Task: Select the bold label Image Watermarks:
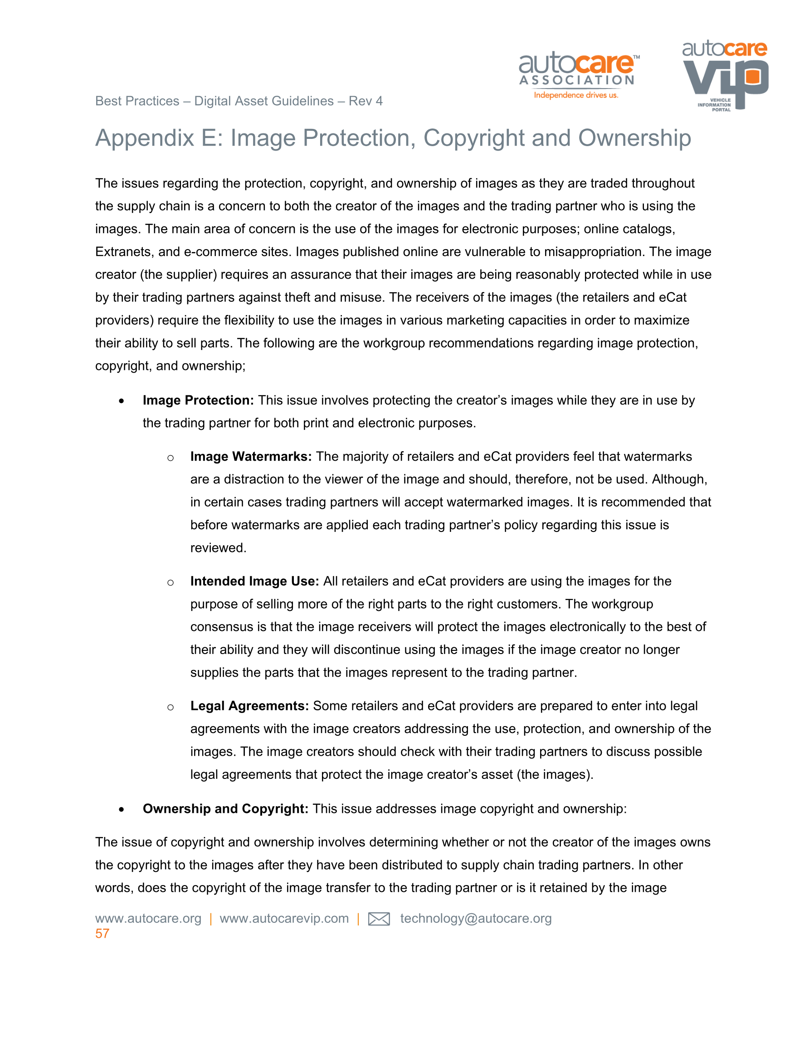click(251, 456)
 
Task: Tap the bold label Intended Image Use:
click(254, 581)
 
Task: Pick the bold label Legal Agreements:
click(249, 706)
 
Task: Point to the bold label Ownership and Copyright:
click(225, 808)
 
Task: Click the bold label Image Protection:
click(198, 400)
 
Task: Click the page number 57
click(102, 933)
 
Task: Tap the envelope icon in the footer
click(378, 919)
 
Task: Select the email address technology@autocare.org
click(476, 919)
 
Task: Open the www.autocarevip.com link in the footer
click(284, 919)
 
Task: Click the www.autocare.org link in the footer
click(148, 919)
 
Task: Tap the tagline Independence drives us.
click(576, 95)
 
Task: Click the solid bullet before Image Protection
click(122, 401)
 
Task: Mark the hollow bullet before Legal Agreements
click(170, 707)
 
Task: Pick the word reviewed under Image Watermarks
click(218, 548)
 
